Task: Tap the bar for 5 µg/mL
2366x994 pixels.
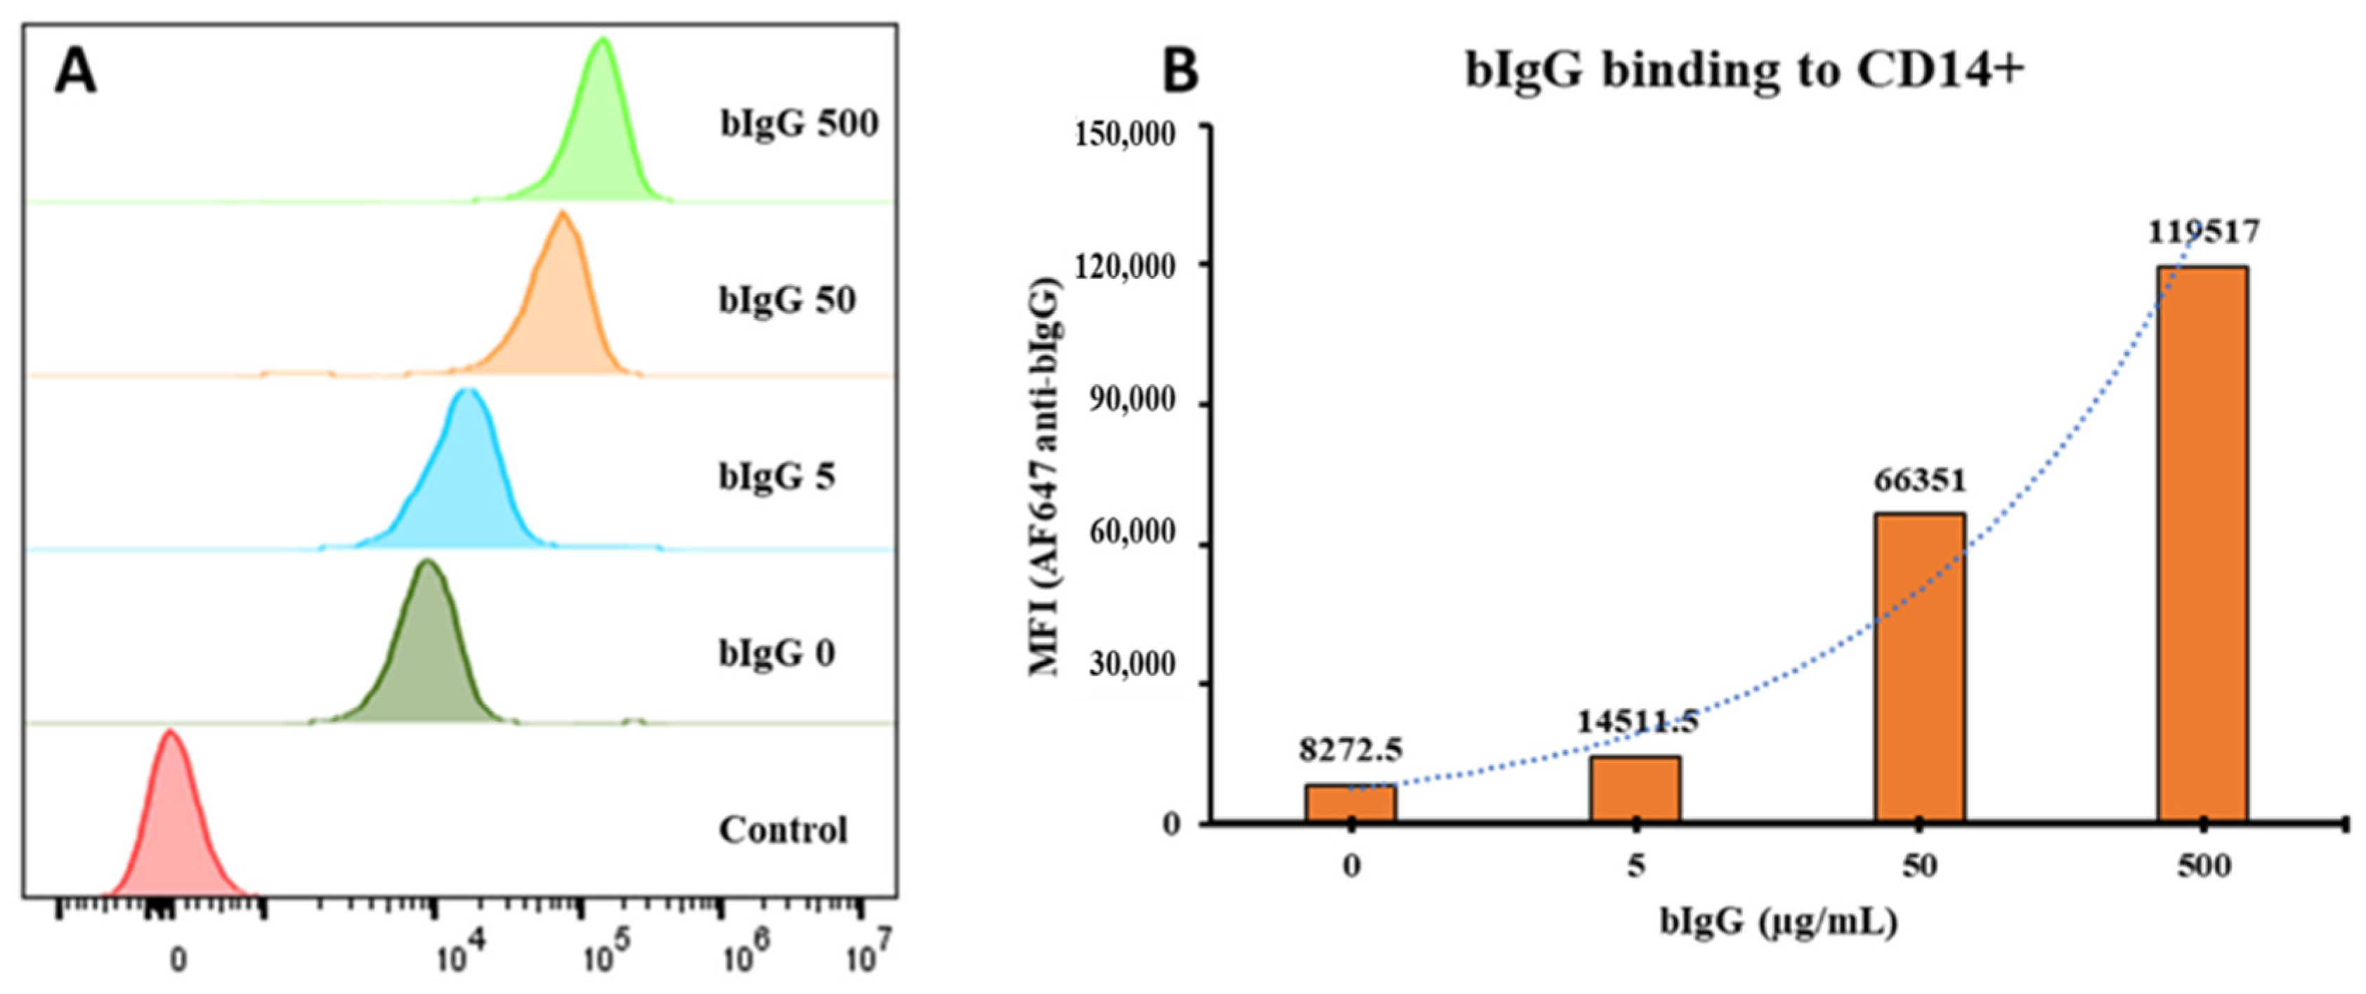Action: coord(1635,788)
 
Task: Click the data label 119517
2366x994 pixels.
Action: coord(2202,232)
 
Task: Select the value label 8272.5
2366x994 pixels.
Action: coord(1350,750)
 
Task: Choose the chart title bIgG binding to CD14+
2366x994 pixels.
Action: coord(1744,70)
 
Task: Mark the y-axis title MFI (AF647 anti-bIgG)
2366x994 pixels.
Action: coord(1045,478)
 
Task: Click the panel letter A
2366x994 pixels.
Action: coord(74,72)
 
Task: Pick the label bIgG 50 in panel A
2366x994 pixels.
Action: coord(786,299)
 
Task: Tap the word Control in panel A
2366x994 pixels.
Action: coord(783,830)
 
